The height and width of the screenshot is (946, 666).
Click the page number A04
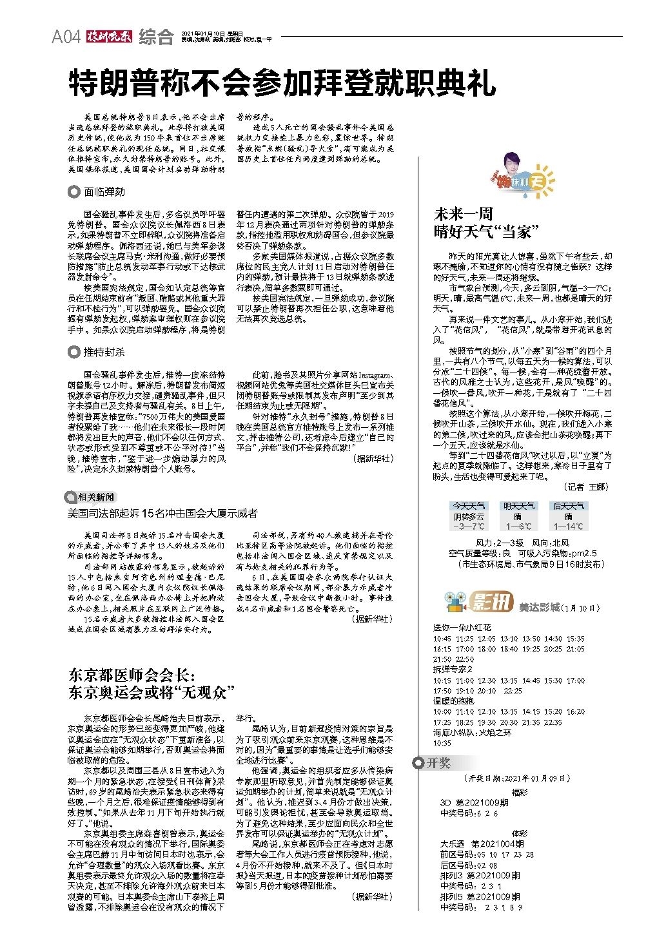coord(66,37)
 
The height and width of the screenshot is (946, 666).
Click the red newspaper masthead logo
coord(110,37)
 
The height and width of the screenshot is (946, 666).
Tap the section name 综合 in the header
coord(156,37)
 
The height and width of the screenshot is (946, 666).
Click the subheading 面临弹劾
coord(104,191)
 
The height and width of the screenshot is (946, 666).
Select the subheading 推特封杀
coord(104,352)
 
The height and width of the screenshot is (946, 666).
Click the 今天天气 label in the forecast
coord(469,506)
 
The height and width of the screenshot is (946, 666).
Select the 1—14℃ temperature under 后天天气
coord(568,526)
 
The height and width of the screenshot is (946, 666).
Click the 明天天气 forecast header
coord(518,506)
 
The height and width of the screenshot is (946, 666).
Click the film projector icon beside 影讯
coord(456,603)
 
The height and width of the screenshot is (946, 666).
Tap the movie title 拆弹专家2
coord(453,669)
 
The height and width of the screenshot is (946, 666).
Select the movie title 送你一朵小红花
coord(462,627)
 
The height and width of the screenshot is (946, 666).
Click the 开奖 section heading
coord(438,763)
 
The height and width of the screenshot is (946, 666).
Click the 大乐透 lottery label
coord(453,844)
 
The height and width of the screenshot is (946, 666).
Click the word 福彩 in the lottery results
coord(519,792)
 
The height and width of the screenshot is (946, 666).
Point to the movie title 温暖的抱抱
coord(453,700)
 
